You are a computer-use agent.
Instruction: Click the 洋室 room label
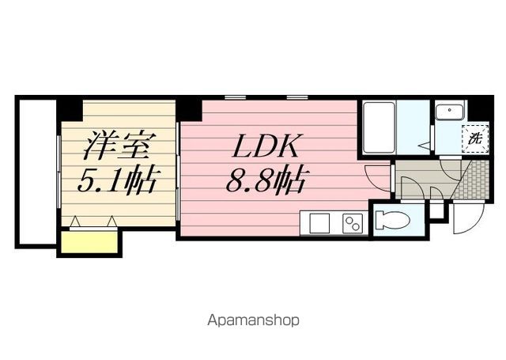pyautogui.click(x=118, y=148)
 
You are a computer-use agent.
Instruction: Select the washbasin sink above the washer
pyautogui.click(x=448, y=112)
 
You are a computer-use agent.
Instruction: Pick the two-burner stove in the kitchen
pyautogui.click(x=352, y=224)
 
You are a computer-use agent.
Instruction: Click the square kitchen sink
pyautogui.click(x=319, y=224)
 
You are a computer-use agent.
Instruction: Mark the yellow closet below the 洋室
pyautogui.click(x=88, y=242)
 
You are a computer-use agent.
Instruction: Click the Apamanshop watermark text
pyautogui.click(x=253, y=320)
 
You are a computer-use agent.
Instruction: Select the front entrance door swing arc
pyautogui.click(x=465, y=222)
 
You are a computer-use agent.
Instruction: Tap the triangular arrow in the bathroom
pyautogui.click(x=425, y=145)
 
